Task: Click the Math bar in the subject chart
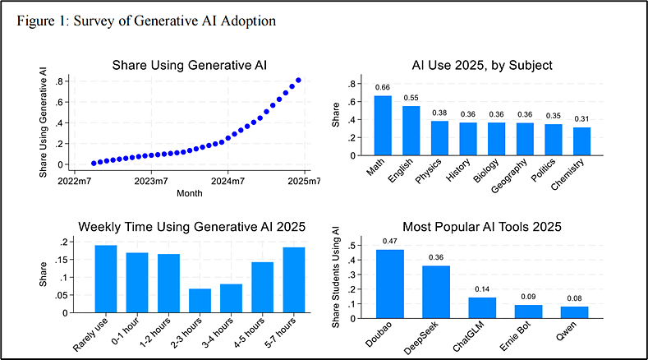click(383, 126)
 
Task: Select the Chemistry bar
click(581, 141)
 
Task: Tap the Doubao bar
click(390, 284)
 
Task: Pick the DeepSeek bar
click(436, 292)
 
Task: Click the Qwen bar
click(574, 312)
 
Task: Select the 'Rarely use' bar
click(106, 279)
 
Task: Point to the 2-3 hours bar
click(200, 301)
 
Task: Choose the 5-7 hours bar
click(294, 280)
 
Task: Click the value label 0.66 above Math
click(382, 87)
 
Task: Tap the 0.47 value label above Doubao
click(390, 242)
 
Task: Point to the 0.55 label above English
click(411, 98)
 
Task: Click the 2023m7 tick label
click(151, 182)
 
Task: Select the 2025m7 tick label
click(304, 182)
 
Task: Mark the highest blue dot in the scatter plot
click(298, 81)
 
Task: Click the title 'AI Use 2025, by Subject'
click(482, 66)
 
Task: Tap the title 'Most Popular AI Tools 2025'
click(482, 227)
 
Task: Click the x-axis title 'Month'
click(190, 193)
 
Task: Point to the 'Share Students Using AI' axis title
click(336, 277)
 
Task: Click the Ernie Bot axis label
click(515, 336)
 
